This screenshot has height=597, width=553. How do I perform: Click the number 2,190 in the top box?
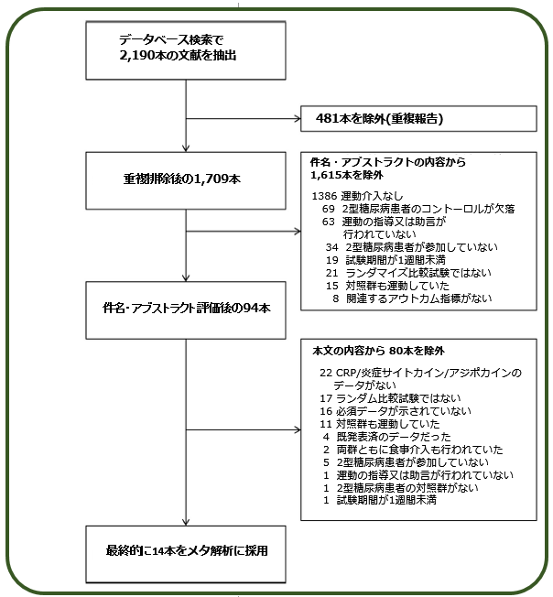point(136,56)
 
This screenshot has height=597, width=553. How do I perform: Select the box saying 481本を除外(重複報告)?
point(418,119)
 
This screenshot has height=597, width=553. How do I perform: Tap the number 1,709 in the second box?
point(211,179)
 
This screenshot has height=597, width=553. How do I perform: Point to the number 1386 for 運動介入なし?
point(324,196)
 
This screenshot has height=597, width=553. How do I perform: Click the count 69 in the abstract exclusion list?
point(328,209)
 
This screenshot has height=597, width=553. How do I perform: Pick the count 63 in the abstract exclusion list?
point(328,222)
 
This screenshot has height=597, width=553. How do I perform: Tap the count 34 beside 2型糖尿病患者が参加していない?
point(331,247)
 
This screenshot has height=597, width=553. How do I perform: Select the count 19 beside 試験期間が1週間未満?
point(331,260)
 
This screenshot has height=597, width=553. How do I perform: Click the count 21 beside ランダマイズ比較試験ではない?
point(331,273)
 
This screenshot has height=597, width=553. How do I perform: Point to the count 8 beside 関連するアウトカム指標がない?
point(335,298)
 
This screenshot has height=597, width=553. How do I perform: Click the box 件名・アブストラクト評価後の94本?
point(186,310)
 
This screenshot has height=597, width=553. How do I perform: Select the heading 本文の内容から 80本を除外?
point(378,351)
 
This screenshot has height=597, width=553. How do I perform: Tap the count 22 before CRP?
point(326,373)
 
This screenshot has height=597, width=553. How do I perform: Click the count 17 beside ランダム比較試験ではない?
point(326,398)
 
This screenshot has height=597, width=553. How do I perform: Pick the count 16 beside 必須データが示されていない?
point(326,411)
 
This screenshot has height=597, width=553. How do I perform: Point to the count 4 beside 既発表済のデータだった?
point(326,437)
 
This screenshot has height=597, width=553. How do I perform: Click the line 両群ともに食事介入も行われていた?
point(419,450)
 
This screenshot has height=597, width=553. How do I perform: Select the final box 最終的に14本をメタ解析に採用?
point(186,554)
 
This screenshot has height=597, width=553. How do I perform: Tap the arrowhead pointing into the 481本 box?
point(298,119)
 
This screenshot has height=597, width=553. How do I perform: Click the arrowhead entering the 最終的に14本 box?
point(186,522)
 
